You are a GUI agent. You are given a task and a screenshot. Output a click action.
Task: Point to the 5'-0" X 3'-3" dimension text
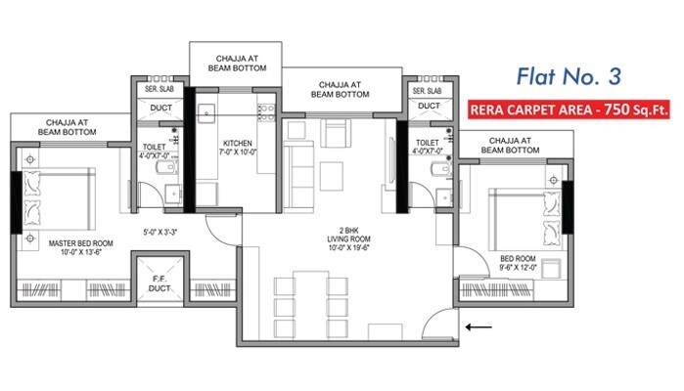[x=162, y=232]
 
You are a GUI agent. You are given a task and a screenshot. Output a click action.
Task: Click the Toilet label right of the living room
[x=429, y=149]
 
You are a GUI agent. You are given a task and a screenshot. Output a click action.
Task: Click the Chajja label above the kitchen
[x=233, y=63]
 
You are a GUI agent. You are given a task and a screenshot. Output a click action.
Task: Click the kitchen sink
[x=208, y=111]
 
